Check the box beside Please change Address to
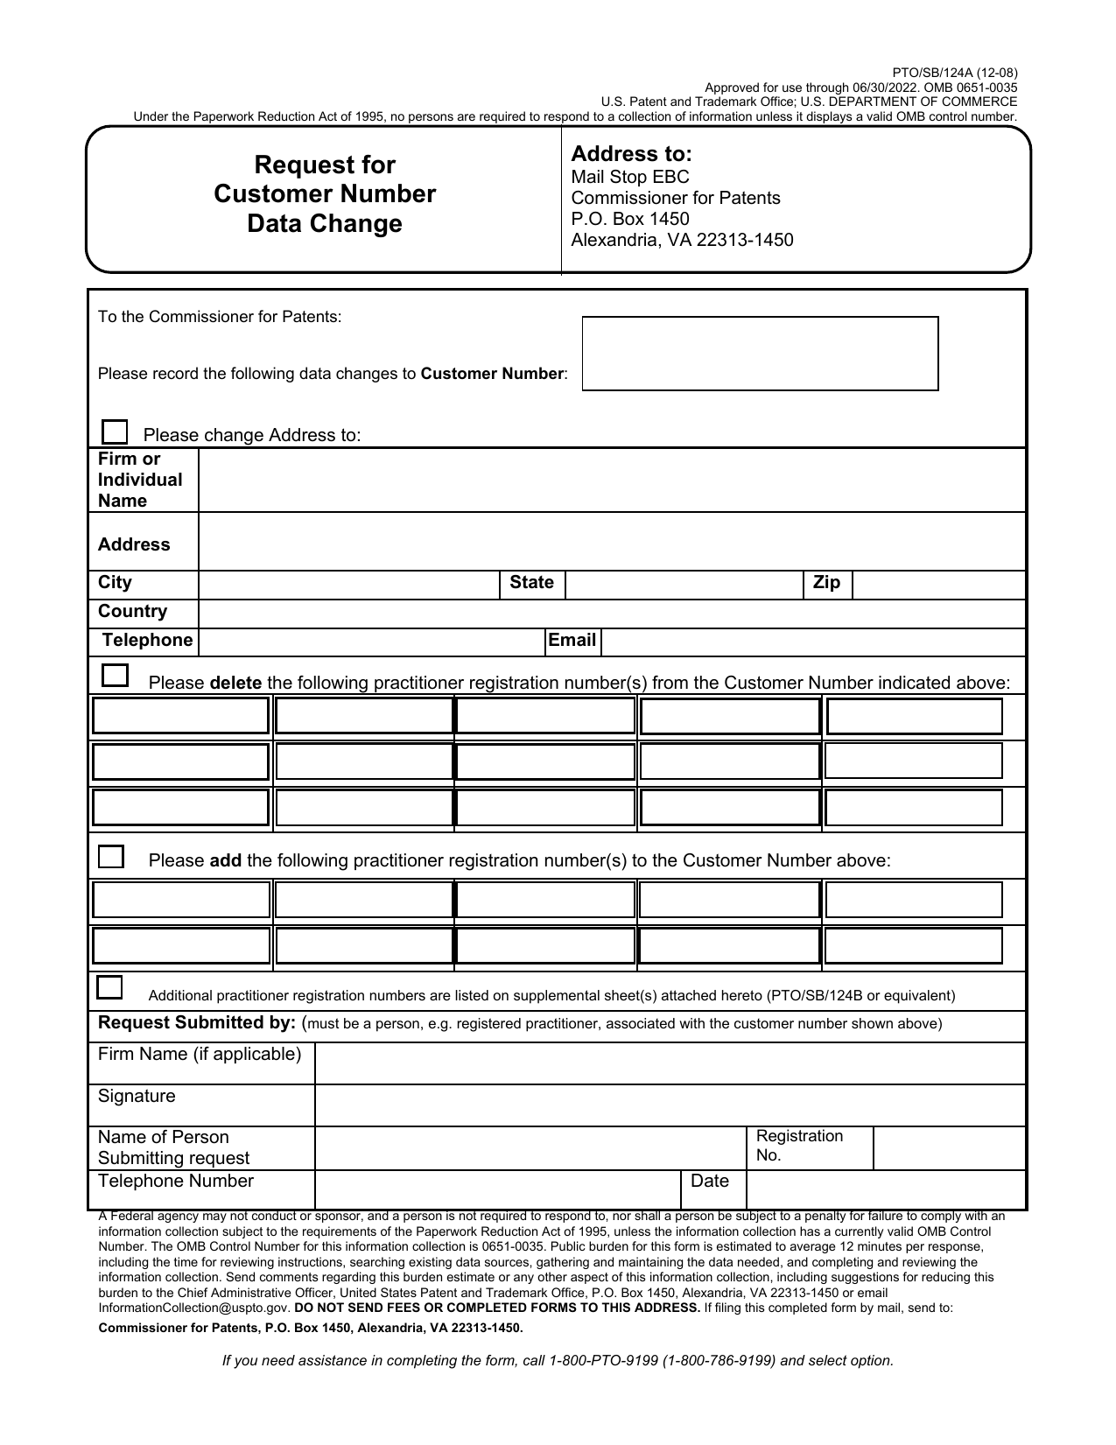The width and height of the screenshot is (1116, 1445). (x=115, y=432)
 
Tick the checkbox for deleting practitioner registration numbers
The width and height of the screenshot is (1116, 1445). (x=115, y=676)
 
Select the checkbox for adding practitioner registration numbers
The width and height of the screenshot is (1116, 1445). (x=111, y=857)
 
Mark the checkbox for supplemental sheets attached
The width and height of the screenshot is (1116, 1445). (x=109, y=987)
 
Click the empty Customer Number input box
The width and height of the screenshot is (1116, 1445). (x=760, y=354)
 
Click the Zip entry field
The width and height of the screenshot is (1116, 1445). (x=937, y=585)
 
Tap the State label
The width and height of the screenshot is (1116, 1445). (x=531, y=583)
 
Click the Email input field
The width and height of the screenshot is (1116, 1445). (x=812, y=642)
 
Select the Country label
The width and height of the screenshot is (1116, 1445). (x=132, y=612)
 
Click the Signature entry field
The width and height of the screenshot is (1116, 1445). (x=669, y=1105)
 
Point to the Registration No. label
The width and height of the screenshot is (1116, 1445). (x=798, y=1146)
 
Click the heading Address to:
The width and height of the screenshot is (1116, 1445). (x=631, y=155)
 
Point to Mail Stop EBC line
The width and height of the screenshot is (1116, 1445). (x=630, y=178)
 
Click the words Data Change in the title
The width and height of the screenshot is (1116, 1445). (x=325, y=224)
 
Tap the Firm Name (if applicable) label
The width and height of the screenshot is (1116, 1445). (x=200, y=1055)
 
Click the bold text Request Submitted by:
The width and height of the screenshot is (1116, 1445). (x=197, y=1023)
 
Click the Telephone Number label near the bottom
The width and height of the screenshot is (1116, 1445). (x=176, y=1182)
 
